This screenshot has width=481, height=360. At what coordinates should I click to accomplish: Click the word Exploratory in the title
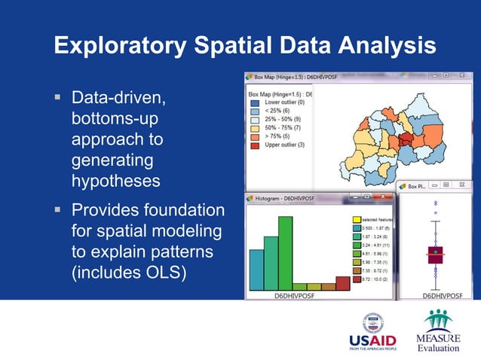click(121, 46)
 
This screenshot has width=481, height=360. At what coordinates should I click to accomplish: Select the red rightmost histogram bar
click(343, 282)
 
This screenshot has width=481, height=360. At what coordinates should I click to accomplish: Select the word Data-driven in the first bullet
click(116, 99)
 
